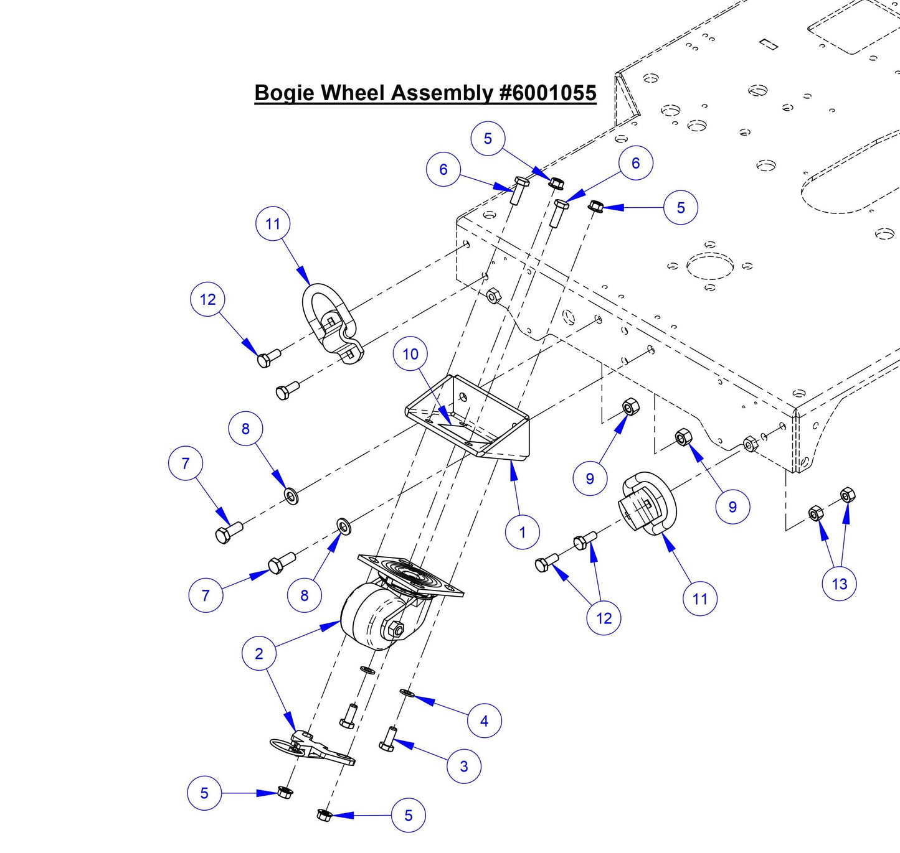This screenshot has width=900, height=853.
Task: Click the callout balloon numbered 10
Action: click(410, 354)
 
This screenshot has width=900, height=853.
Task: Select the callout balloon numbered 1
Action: click(522, 532)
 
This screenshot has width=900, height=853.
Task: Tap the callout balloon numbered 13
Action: click(839, 584)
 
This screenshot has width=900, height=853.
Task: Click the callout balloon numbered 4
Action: click(484, 720)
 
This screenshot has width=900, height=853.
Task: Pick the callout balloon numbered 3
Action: click(463, 766)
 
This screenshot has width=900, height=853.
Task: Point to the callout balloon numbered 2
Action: click(259, 653)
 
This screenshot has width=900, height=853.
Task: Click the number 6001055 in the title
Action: click(548, 93)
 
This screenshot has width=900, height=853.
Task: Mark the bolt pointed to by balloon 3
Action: click(387, 739)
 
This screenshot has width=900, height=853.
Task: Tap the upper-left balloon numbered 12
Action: click(207, 299)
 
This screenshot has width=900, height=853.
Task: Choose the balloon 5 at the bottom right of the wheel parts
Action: click(408, 815)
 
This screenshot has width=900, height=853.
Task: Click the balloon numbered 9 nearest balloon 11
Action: click(732, 506)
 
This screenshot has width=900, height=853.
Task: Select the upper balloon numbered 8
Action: click(245, 429)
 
